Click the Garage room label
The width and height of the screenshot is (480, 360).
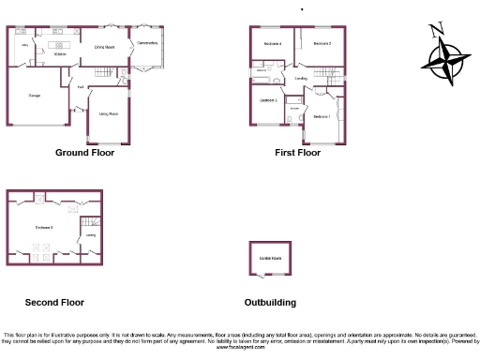(34, 96)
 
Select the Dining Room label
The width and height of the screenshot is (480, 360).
(104, 46)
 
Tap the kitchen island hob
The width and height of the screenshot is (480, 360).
(67, 44)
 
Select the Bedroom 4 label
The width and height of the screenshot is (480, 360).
(273, 44)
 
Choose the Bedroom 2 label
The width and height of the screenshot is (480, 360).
(322, 44)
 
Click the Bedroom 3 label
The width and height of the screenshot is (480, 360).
(267, 99)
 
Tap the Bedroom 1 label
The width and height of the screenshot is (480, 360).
(322, 116)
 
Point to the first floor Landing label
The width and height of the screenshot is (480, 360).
(302, 79)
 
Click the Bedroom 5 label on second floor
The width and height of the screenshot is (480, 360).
(44, 227)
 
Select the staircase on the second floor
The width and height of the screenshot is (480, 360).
(92, 223)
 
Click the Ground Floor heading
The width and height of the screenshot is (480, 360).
(85, 152)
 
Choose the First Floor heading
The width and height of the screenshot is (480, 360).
(298, 152)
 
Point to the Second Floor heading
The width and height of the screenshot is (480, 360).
(54, 303)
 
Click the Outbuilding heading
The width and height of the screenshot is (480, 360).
(270, 303)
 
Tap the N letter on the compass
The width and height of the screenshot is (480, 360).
(437, 30)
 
